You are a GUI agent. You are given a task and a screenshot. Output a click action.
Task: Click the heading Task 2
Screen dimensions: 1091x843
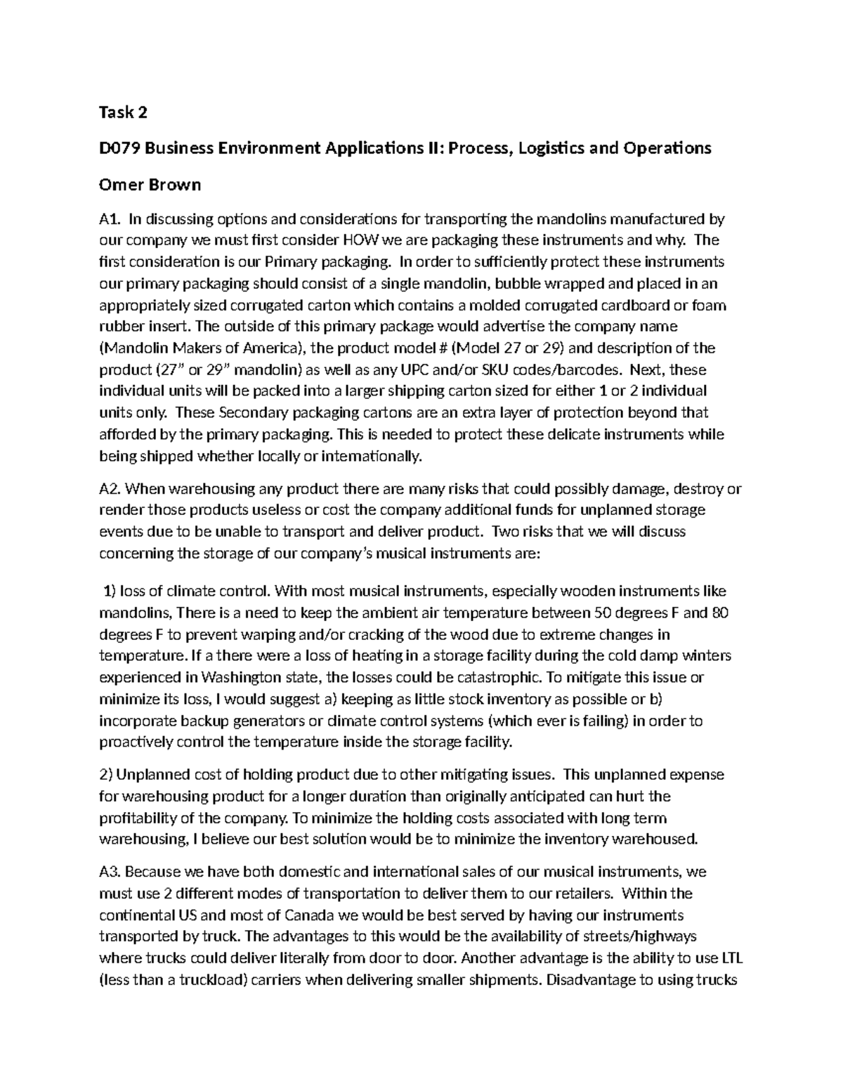coord(124,112)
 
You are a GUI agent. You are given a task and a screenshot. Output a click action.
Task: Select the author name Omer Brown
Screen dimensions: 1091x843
coord(150,185)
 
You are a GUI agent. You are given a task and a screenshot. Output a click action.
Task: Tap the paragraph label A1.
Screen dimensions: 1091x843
coord(110,218)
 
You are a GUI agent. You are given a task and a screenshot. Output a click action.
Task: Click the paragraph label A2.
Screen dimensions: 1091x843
coord(110,488)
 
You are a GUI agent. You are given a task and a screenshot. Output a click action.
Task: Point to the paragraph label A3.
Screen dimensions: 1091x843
coord(110,872)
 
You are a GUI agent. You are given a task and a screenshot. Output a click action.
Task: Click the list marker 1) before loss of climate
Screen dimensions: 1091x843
coord(110,591)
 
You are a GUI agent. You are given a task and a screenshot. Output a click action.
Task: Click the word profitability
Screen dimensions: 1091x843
coord(138,818)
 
